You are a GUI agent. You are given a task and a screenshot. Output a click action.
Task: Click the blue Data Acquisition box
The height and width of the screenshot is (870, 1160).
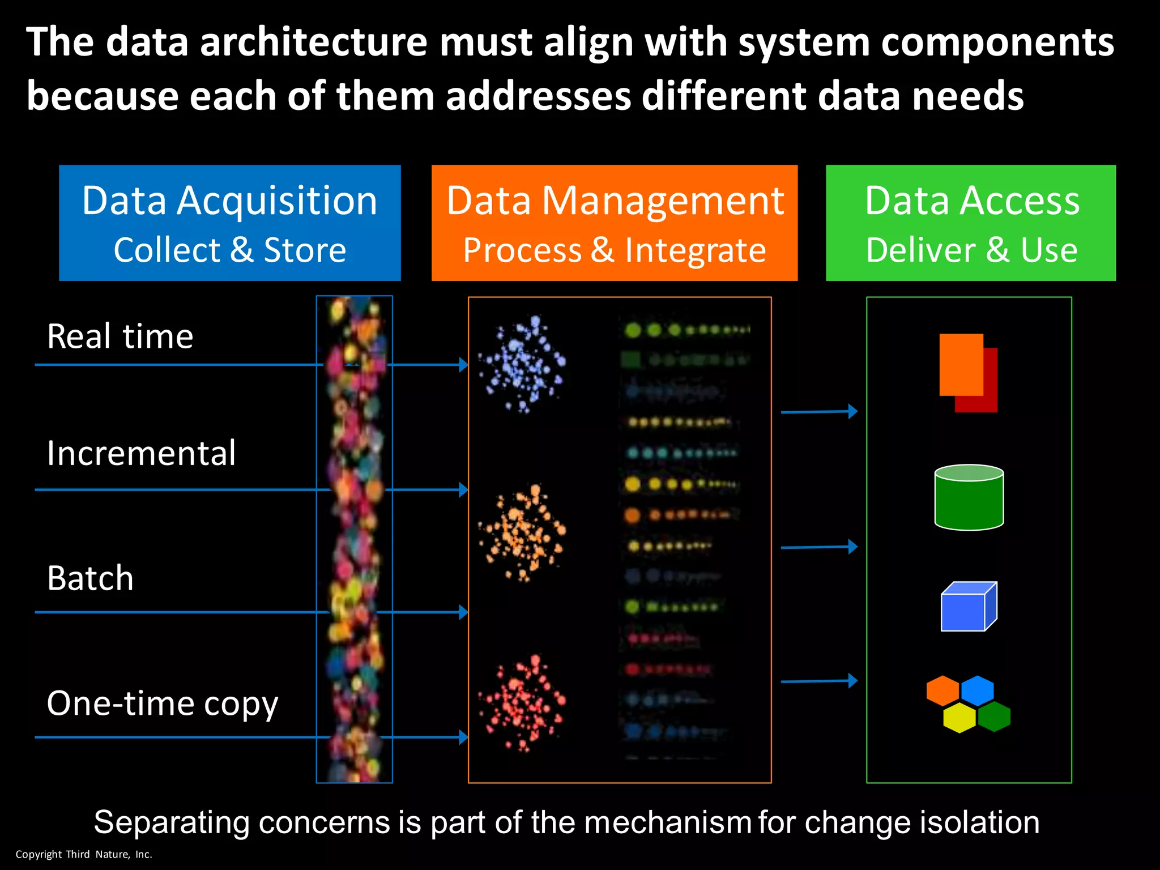(x=229, y=223)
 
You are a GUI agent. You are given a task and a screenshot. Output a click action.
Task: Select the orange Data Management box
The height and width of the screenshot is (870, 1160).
(x=614, y=223)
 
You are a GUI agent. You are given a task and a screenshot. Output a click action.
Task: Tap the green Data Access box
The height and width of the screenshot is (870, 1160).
(x=970, y=223)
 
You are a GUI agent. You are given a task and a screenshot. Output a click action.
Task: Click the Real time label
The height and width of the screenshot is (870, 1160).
(x=120, y=336)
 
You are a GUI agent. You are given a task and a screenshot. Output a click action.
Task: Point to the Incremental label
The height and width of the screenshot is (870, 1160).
(x=141, y=453)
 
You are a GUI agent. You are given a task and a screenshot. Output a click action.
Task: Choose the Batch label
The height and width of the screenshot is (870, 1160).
(x=91, y=578)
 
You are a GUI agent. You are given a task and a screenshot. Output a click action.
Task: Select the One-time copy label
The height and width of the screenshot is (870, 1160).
(x=163, y=703)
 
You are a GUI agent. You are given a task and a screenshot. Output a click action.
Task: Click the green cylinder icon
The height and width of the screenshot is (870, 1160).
(x=969, y=497)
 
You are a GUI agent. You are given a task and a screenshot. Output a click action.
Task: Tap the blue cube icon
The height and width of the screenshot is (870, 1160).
(x=969, y=607)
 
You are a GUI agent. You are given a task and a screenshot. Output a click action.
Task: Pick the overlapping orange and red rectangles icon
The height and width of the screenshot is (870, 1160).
(x=967, y=372)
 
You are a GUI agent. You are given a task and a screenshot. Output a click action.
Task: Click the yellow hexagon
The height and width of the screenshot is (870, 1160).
(x=959, y=718)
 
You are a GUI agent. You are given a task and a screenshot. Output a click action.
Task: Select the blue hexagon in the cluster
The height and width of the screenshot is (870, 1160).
(x=977, y=690)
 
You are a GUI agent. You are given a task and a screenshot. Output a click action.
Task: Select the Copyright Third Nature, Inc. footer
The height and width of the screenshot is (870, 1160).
(x=84, y=854)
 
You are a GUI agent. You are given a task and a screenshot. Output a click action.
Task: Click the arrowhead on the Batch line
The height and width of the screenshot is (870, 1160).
(x=463, y=612)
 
